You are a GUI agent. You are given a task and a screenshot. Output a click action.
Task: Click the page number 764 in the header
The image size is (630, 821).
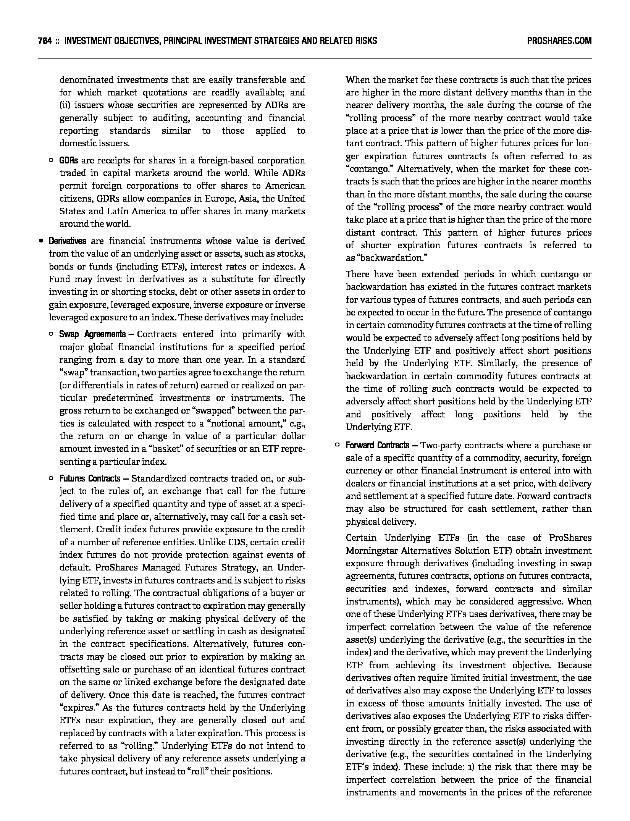click(x=45, y=41)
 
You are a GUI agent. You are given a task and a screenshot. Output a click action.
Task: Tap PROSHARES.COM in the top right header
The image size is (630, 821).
click(x=559, y=41)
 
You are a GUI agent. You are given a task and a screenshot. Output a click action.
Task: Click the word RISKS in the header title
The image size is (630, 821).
click(x=364, y=41)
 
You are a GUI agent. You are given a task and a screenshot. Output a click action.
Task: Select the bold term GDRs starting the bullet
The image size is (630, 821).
click(x=68, y=160)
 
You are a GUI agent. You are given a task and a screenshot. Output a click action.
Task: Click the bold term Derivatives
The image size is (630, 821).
click(x=67, y=241)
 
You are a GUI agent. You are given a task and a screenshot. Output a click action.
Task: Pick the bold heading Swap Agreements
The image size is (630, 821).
click(x=92, y=335)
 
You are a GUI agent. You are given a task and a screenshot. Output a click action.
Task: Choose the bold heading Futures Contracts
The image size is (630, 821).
click(x=90, y=479)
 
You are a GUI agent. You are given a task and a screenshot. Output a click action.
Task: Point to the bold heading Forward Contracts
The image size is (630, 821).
click(x=377, y=445)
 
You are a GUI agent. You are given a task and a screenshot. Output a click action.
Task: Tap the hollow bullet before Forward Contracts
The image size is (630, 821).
click(x=337, y=445)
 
